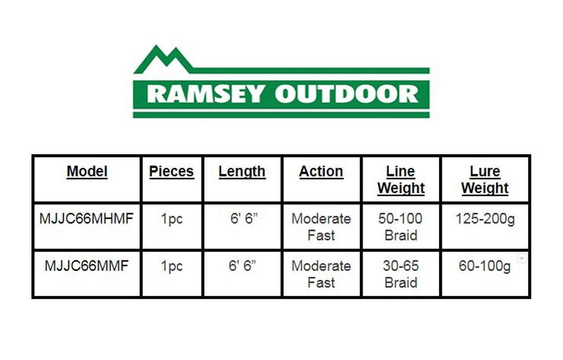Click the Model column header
click(x=87, y=172)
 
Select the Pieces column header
click(x=172, y=172)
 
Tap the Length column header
click(x=242, y=172)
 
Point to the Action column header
click(x=321, y=172)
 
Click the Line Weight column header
click(x=401, y=180)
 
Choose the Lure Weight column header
click(x=485, y=180)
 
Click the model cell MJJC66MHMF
click(x=87, y=218)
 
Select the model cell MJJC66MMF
click(x=87, y=266)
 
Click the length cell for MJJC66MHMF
click(x=244, y=218)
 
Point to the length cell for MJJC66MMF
click(x=242, y=266)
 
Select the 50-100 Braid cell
click(x=401, y=227)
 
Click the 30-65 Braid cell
click(x=401, y=274)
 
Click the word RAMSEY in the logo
click(x=205, y=94)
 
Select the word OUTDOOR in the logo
click(x=347, y=94)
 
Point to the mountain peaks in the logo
click(x=163, y=59)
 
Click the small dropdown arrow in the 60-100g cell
click(x=522, y=258)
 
